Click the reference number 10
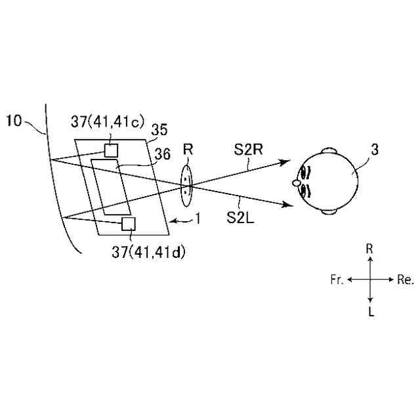15,120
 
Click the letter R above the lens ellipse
188,150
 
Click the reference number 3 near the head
374,150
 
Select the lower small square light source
129,224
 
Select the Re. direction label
406,280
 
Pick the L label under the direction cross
371,312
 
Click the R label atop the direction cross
370,249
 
